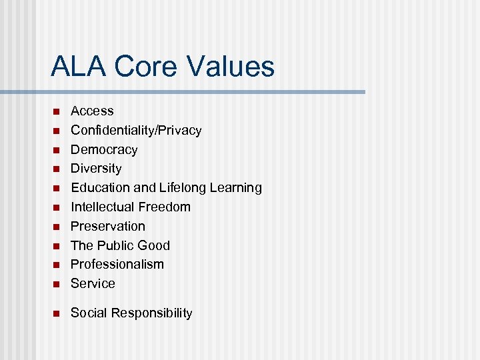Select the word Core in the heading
146,67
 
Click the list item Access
92,111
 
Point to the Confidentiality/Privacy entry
136,130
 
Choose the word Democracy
104,149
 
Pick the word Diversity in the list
96,169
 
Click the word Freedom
165,207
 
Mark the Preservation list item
107,226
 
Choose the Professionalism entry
117,264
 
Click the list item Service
93,283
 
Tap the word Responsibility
152,313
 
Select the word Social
89,313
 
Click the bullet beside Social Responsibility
57,313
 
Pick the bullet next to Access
57,111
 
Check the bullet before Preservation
57,227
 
